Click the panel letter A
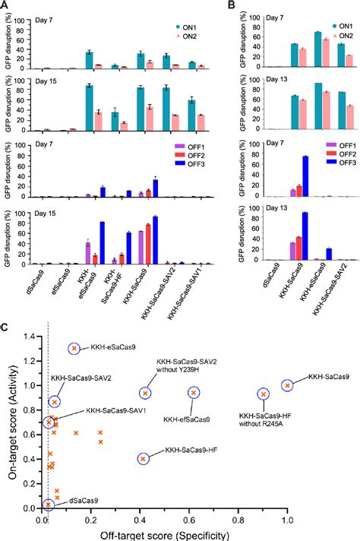point(5,5)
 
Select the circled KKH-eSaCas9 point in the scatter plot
point(74,348)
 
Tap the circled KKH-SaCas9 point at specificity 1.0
point(287,385)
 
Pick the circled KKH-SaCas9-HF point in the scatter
point(144,459)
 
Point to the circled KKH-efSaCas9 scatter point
point(194,392)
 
